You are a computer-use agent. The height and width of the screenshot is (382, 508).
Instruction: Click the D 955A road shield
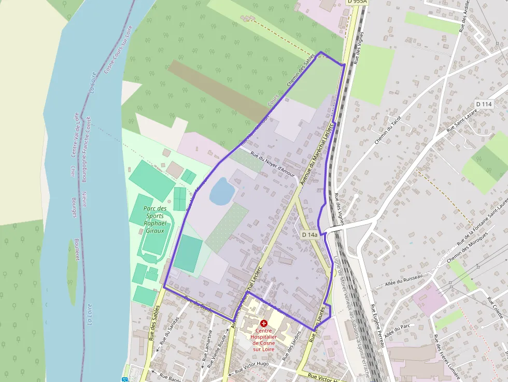pyautogui.click(x=357, y=2)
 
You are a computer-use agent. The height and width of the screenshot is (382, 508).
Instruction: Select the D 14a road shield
pyautogui.click(x=309, y=235)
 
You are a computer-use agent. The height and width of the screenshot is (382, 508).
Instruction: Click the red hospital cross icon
pyautogui.click(x=264, y=323)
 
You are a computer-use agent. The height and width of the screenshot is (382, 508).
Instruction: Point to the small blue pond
pyautogui.click(x=222, y=191)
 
